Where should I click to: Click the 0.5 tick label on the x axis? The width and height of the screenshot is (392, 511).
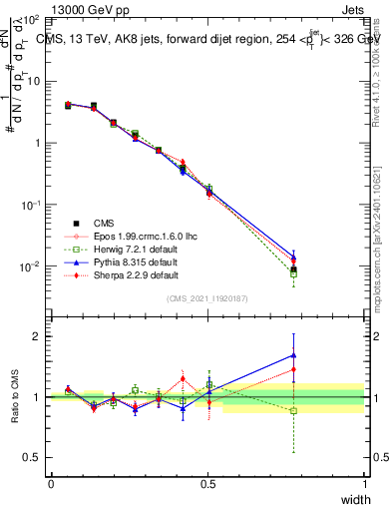pos(207,483)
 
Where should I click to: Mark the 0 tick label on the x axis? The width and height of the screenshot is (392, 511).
pos(51,483)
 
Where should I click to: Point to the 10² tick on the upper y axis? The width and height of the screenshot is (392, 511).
pos(32,19)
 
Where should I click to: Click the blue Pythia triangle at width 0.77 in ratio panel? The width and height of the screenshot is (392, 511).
pos(293,354)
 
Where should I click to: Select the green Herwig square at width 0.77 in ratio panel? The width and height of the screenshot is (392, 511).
pos(293,410)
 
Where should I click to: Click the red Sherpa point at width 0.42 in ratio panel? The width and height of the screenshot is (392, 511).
pos(183,378)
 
